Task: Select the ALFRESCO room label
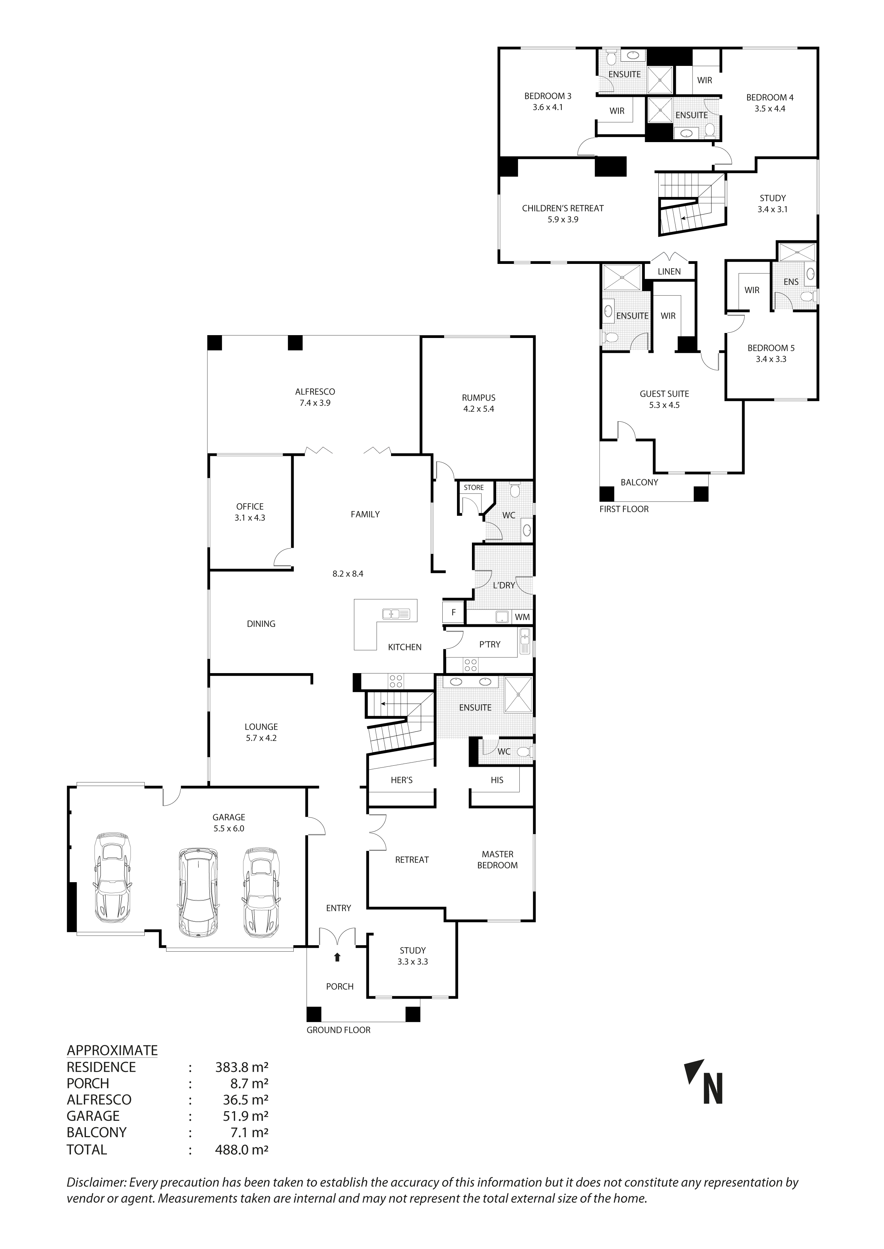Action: pos(315,392)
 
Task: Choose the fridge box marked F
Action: pos(453,613)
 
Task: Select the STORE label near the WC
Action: pos(474,488)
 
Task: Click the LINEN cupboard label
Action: pos(669,271)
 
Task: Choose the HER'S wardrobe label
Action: pos(402,780)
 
